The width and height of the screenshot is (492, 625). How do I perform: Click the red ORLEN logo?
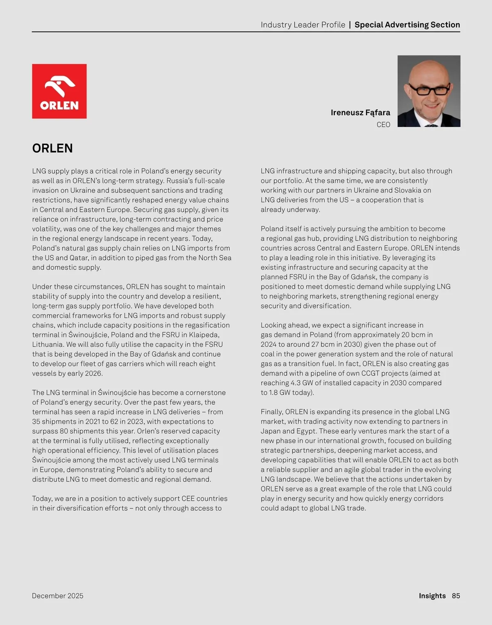pyautogui.click(x=59, y=91)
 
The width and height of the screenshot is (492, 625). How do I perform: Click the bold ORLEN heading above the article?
pyautogui.click(x=52, y=148)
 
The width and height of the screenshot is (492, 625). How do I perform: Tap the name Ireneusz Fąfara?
pyautogui.click(x=360, y=113)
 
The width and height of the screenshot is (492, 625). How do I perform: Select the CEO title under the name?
pyautogui.click(x=383, y=125)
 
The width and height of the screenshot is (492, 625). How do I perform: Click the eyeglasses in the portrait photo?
pyautogui.click(x=430, y=90)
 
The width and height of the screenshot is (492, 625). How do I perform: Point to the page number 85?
pyautogui.click(x=456, y=596)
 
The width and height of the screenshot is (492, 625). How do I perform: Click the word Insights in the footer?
pyautogui.click(x=432, y=596)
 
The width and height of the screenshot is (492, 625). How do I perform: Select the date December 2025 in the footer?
pyautogui.click(x=57, y=596)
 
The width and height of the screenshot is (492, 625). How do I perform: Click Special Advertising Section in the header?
pyautogui.click(x=407, y=25)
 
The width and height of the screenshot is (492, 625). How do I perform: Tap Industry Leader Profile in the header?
pyautogui.click(x=303, y=25)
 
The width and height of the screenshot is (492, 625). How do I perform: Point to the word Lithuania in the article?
pyautogui.click(x=48, y=344)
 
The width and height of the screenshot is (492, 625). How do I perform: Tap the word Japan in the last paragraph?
pyautogui.click(x=271, y=431)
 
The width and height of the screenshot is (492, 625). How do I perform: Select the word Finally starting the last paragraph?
pyautogui.click(x=272, y=412)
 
